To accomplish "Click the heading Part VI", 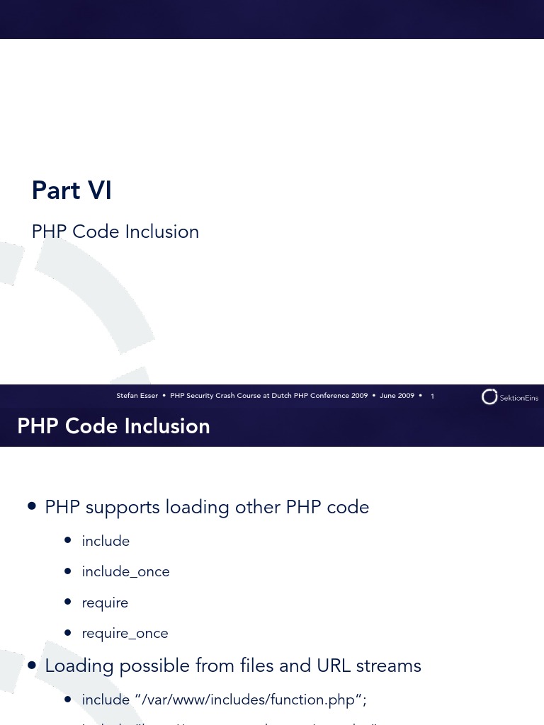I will [72, 190].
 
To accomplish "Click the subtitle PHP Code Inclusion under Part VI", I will [115, 232].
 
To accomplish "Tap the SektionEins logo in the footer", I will [509, 397].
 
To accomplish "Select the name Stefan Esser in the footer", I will [137, 396].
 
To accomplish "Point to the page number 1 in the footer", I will [432, 396].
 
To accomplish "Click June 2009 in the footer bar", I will [397, 396].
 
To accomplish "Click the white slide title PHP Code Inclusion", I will [113, 426].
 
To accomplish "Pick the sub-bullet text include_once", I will [125, 572].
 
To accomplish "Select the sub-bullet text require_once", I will [125, 634].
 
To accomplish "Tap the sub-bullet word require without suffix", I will [105, 603].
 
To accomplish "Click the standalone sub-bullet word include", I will [106, 542].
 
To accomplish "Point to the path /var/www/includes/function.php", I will [249, 700].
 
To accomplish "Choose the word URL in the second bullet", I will [334, 666].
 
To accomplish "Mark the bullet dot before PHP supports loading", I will [32, 506].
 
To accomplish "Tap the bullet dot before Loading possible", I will [32, 665].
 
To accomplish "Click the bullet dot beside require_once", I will [67, 633].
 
